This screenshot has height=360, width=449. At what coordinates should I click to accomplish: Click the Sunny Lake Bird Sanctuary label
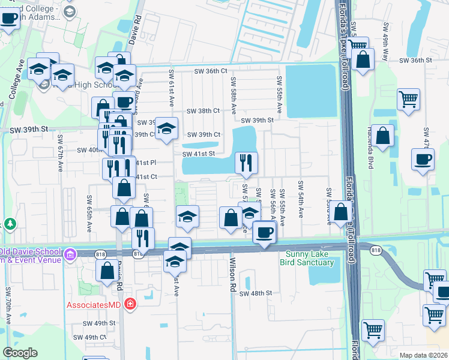[308, 258]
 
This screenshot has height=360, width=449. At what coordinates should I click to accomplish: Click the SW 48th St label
[256, 293]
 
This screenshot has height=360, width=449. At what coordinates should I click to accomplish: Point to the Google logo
[19, 353]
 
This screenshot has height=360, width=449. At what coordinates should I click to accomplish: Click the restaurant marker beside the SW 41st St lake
[246, 162]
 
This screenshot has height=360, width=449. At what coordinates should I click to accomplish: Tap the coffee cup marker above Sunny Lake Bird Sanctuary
[264, 232]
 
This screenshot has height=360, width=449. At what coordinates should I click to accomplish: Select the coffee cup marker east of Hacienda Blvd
[422, 160]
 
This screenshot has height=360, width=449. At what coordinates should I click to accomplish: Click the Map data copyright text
[423, 355]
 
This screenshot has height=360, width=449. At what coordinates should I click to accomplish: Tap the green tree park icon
[10, 224]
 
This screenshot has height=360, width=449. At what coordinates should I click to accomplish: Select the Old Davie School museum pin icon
[70, 255]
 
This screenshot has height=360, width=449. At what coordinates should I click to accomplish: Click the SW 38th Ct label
[203, 111]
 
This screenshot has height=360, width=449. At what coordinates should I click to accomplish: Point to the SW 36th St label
[415, 61]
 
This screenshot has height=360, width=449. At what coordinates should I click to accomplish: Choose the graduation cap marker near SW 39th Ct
[167, 128]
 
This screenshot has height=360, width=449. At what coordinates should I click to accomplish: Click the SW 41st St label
[199, 154]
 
